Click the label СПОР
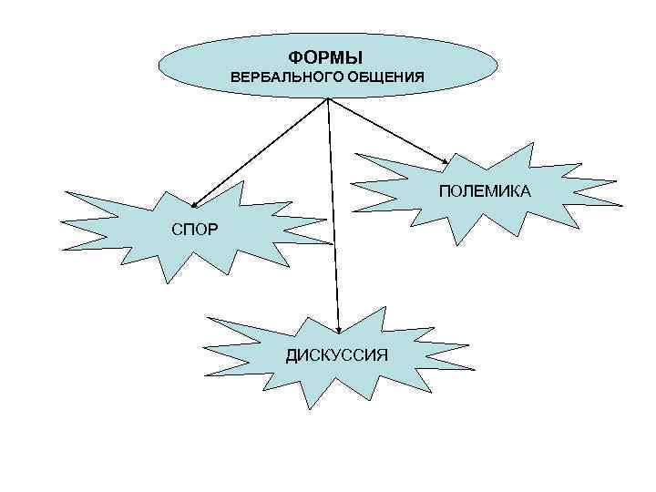coord(194,228)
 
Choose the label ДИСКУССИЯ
coord(336,354)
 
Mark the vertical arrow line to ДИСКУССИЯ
coord(333,219)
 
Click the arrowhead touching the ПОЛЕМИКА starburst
coord(444,167)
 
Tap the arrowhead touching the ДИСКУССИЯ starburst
coord(338,328)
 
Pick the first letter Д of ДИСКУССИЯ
coord(292,354)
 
